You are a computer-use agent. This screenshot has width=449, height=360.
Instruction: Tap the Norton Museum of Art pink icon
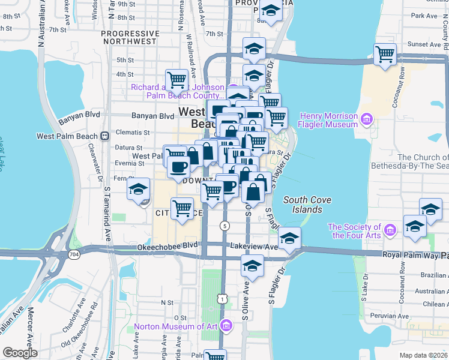click(x=226, y=326)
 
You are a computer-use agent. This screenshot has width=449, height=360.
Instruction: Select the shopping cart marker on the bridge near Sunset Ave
click(x=385, y=54)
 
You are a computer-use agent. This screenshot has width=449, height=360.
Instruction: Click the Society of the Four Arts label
click(x=354, y=231)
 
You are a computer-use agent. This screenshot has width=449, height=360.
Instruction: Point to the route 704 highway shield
click(x=74, y=254)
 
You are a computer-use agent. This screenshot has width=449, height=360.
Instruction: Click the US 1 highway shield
click(x=223, y=299)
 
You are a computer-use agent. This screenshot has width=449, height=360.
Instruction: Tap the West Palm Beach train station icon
click(x=105, y=136)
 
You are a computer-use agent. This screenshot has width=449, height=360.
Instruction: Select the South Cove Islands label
click(x=311, y=205)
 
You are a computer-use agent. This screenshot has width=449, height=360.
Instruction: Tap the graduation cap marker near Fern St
click(x=139, y=189)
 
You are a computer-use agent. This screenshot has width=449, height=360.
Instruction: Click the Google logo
click(x=20, y=353)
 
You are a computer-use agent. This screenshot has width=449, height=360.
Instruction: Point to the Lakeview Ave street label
click(x=253, y=246)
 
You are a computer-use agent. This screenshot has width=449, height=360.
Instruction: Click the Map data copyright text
click(x=423, y=355)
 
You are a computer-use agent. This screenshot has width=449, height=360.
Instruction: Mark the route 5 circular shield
click(x=224, y=226)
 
